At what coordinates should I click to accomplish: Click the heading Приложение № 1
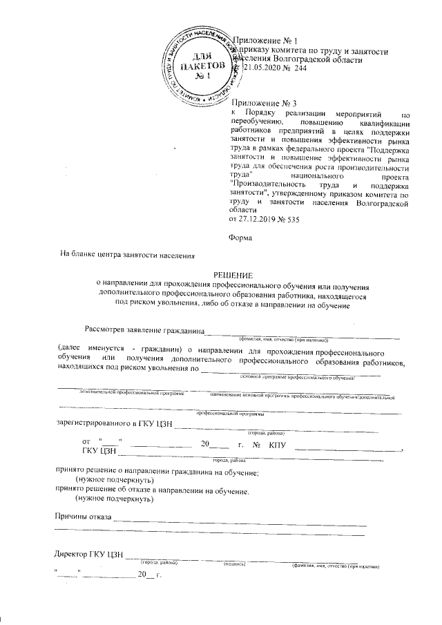pyautogui.click(x=265, y=42)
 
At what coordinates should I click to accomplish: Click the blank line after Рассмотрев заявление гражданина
pyautogui.click(x=304, y=332)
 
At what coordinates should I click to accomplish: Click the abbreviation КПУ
pyautogui.click(x=277, y=444)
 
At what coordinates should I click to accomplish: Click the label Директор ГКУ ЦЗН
pyautogui.click(x=88, y=555)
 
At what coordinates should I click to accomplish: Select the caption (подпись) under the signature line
pyautogui.click(x=236, y=564)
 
